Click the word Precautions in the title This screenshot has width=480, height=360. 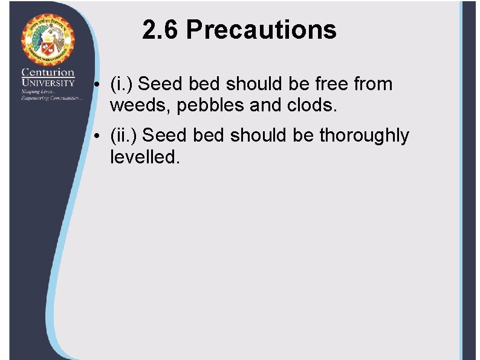coord(261,30)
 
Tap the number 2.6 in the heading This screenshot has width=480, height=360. coord(161,30)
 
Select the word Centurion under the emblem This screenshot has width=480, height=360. coord(48,73)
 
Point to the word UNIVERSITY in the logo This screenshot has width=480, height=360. coord(48,82)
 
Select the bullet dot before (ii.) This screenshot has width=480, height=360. coord(97,136)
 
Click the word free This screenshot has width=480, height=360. coord(330,84)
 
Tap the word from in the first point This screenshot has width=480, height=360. coord(373,84)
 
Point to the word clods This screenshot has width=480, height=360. coord(313,106)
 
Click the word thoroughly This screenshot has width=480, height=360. coord(364,136)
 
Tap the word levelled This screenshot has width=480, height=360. coord(144,157)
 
